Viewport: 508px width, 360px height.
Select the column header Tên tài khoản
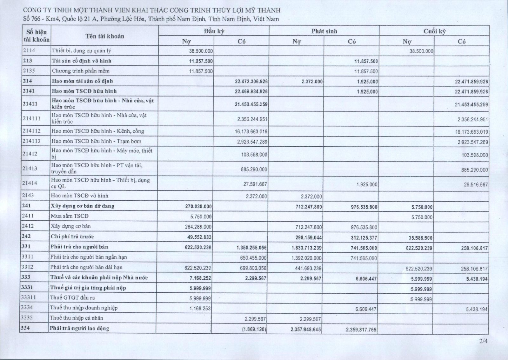click(104, 36)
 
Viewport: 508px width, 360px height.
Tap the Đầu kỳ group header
click(214, 31)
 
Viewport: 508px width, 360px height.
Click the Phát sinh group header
click(324, 31)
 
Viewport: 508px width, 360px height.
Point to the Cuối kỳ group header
click(434, 31)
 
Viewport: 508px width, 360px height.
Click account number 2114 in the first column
click(29, 50)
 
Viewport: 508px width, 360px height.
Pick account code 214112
click(31, 131)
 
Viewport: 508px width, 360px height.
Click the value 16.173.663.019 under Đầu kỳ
click(252, 131)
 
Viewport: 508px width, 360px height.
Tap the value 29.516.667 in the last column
click(476, 184)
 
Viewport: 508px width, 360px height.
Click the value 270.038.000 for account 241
click(198, 207)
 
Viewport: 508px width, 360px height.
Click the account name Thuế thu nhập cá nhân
click(76, 318)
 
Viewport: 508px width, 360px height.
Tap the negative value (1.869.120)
click(254, 330)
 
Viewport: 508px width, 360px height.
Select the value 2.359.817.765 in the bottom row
click(361, 330)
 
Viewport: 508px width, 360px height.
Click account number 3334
click(27, 308)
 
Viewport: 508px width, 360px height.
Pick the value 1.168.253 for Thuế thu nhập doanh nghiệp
click(200, 308)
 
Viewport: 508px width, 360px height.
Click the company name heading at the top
click(152, 10)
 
